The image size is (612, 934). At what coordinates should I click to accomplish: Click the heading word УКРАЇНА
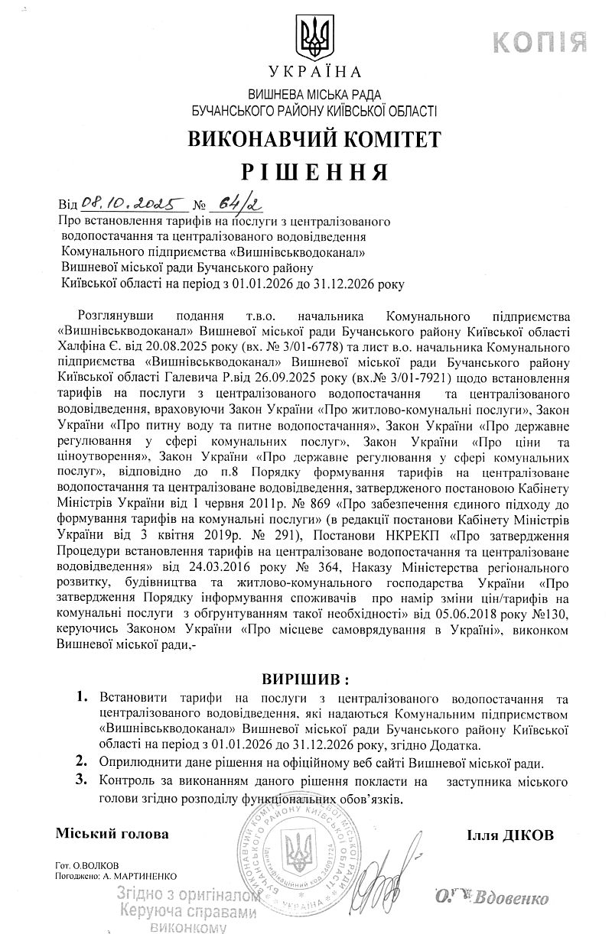point(314,73)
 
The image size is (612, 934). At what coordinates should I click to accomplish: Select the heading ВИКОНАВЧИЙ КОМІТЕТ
point(314,138)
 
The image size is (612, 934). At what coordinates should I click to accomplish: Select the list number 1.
point(82,698)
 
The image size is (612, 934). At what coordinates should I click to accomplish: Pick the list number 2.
point(82,761)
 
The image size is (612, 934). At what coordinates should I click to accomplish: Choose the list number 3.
point(82,780)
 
